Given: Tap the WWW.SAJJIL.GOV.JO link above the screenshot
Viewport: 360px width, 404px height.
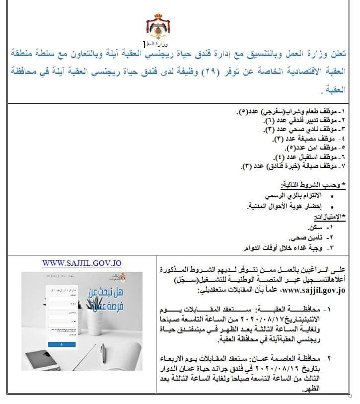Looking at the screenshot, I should (x=81, y=263).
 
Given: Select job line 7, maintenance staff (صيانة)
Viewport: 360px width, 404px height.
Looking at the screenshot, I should (x=288, y=165).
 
